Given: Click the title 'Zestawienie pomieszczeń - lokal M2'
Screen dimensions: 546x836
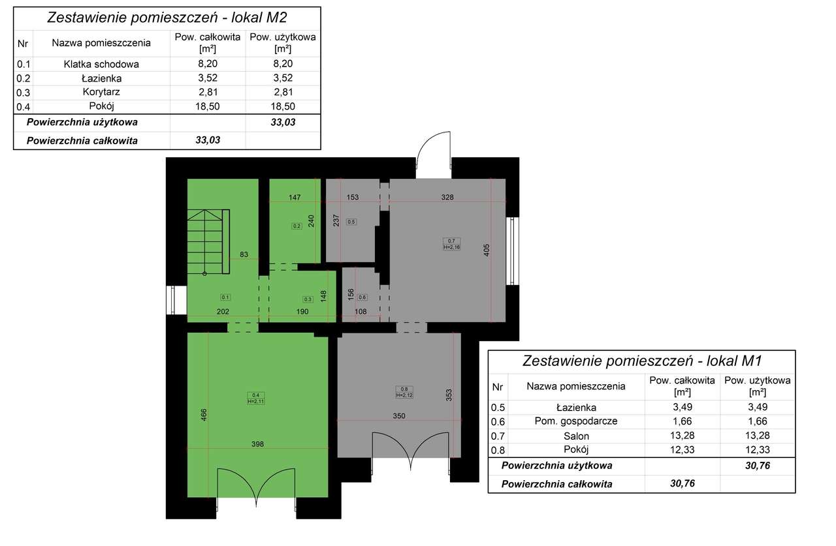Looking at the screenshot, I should click(x=167, y=18).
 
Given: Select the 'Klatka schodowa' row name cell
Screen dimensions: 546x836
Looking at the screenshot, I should click(x=101, y=64).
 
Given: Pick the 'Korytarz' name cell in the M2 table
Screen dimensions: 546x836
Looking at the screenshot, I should click(x=101, y=92).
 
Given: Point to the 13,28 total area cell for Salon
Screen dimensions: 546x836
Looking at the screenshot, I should click(x=681, y=436).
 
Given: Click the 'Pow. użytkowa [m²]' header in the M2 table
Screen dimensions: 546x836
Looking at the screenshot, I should click(x=282, y=42).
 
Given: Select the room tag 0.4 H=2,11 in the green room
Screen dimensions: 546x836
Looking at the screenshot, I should click(x=255, y=398).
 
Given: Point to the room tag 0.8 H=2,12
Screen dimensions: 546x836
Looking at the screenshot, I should click(x=404, y=391).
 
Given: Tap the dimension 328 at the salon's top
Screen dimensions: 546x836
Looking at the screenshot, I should click(x=447, y=196).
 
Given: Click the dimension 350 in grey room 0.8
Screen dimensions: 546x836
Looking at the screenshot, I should click(x=399, y=416).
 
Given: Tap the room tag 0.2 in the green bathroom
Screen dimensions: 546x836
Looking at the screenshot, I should click(x=296, y=226).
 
